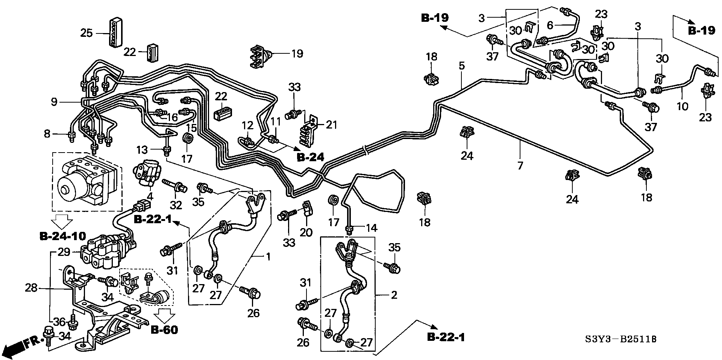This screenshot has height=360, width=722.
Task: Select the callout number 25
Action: [x=86, y=33]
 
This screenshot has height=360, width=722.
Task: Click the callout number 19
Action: [x=297, y=53]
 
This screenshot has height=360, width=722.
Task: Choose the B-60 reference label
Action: [x=164, y=330]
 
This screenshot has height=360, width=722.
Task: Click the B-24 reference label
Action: [x=311, y=157]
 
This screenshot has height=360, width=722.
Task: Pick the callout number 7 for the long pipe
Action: [x=520, y=165]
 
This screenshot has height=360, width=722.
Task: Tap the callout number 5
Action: [x=461, y=66]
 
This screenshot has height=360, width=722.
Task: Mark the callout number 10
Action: [x=682, y=106]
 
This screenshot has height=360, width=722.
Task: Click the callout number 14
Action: [x=372, y=228]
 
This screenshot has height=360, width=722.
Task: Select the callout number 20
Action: [x=306, y=233]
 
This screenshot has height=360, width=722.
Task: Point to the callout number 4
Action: [x=150, y=196]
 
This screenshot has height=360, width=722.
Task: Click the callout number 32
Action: [x=176, y=205]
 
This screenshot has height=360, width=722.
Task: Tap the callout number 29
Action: [x=64, y=252]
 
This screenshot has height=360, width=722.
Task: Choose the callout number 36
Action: [x=59, y=322]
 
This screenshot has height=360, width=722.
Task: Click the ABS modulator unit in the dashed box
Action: [x=86, y=182]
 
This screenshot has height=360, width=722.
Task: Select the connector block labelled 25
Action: [x=115, y=32]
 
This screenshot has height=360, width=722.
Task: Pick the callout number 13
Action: [x=142, y=150]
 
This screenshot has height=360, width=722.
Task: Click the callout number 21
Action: [x=331, y=124]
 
